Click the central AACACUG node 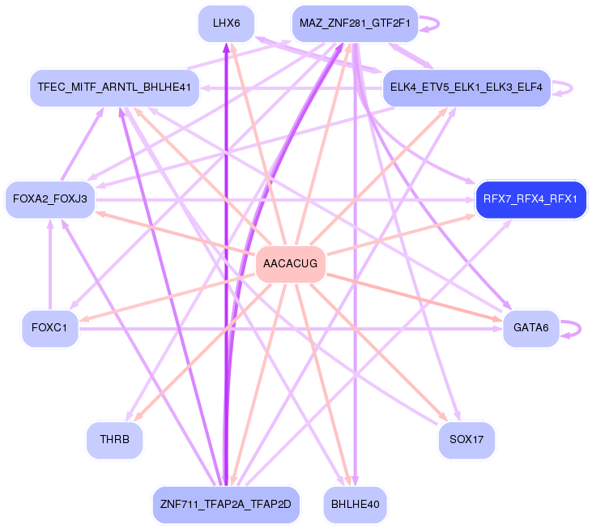291,264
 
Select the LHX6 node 226,23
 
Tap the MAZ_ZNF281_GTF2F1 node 355,23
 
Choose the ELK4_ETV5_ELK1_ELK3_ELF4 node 466,87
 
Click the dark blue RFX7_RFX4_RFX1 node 530,199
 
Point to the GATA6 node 530,328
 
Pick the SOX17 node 466,441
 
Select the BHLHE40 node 356,505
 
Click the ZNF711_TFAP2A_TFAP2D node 226,505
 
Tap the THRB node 114,441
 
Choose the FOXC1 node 49,328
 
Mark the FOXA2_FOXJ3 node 50,199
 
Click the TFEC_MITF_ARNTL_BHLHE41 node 114,87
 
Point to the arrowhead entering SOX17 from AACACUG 445,419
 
